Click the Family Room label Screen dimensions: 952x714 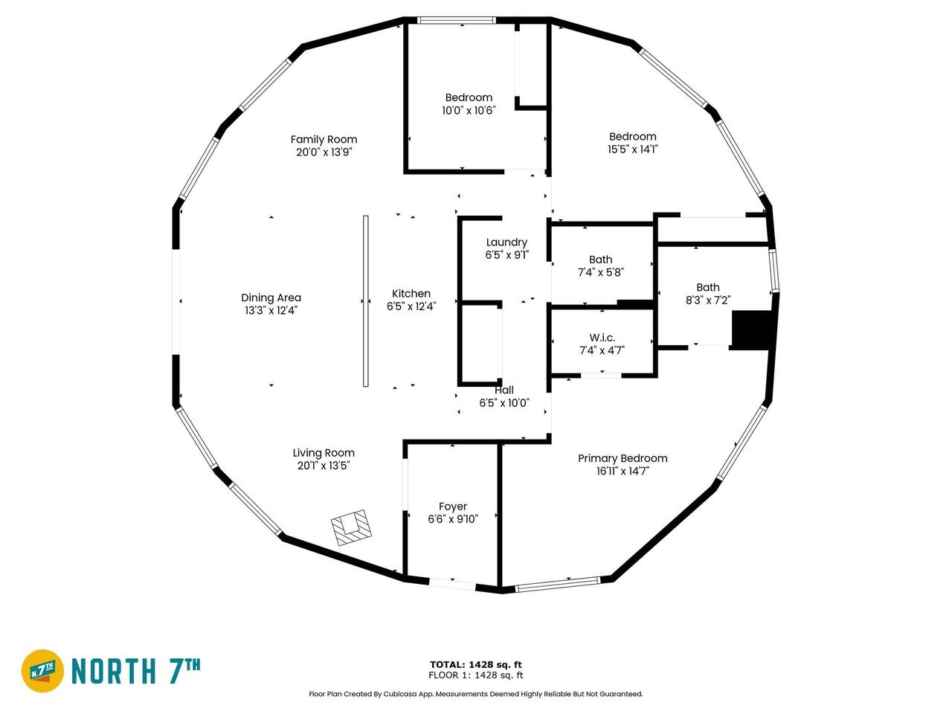pos(324,140)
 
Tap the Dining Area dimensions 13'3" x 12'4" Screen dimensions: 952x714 pos(271,310)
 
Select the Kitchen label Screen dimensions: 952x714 pos(411,294)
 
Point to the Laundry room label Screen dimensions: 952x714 pos(506,242)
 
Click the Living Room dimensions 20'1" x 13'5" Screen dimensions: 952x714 pos(324,466)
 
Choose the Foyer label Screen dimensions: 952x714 pos(453,506)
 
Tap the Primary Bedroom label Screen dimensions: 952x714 pos(623,458)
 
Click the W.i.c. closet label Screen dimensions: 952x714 pos(602,338)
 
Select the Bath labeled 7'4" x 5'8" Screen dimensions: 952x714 pos(601,260)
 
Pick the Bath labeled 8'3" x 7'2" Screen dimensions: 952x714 pos(708,287)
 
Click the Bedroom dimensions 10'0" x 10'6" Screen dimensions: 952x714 pos(469,111)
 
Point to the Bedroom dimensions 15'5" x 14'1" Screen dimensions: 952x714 pos(632,149)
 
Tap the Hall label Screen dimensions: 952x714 pos(504,390)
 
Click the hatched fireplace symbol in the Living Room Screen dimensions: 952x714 pos(352,527)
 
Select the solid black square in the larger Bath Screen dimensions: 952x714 pos(752,330)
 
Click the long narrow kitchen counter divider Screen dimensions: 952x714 pos(366,301)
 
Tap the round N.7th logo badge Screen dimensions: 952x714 pos(42,671)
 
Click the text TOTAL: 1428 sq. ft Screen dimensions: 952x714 pos(476,665)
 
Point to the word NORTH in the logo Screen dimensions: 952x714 pos(114,671)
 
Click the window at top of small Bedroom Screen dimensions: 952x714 pos(456,20)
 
